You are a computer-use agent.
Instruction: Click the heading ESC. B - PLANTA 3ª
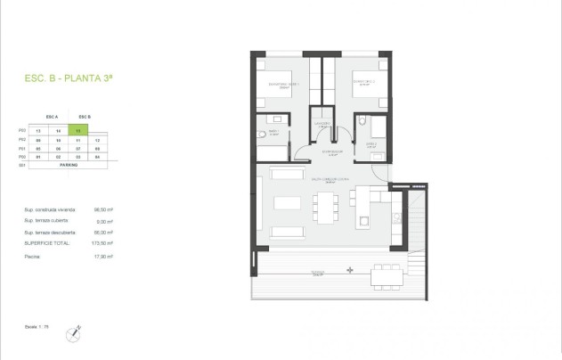point(76,79)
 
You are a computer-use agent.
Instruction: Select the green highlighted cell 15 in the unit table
point(84,130)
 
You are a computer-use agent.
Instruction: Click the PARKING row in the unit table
point(68,165)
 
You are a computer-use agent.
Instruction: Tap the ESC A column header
point(51,117)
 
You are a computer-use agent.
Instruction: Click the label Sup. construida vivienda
point(50,210)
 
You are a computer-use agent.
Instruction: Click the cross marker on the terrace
point(350,269)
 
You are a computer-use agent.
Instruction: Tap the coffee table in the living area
point(287,202)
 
